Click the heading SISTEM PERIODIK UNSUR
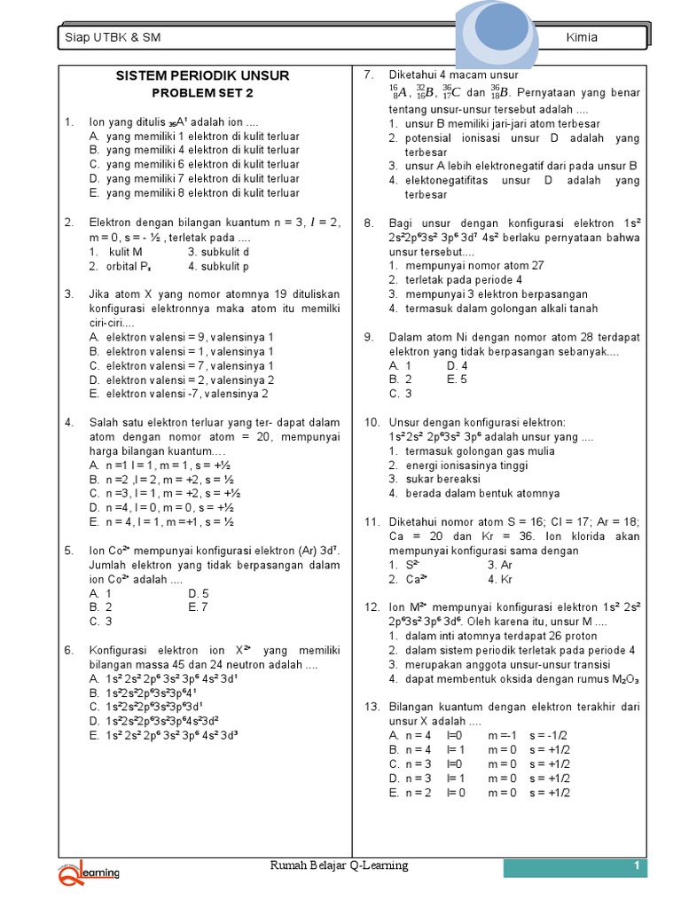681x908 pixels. click(x=202, y=75)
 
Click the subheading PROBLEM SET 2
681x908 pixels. click(x=201, y=93)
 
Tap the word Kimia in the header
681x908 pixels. click(x=582, y=37)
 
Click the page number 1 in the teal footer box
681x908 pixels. click(x=636, y=866)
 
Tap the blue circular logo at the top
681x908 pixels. click(x=500, y=31)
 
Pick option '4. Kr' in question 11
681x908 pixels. click(x=503, y=579)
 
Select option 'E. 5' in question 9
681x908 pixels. click(x=457, y=380)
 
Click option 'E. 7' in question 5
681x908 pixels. click(x=198, y=607)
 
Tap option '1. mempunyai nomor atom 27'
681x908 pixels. click(x=467, y=265)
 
